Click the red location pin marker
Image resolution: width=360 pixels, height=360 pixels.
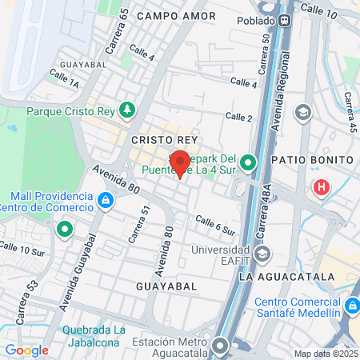point(181,162)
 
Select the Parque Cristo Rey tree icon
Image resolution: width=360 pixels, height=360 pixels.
point(126,110)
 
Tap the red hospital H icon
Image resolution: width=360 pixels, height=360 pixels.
point(321,189)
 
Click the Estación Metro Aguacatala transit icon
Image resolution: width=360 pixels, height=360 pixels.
point(221,345)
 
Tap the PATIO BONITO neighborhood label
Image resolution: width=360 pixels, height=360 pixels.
point(312,160)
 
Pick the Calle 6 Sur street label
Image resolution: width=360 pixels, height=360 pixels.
point(215,225)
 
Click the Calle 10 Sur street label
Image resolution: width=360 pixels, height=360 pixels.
point(22,250)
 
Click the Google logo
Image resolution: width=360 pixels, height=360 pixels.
point(26,350)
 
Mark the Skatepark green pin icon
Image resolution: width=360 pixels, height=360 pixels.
point(248,164)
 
